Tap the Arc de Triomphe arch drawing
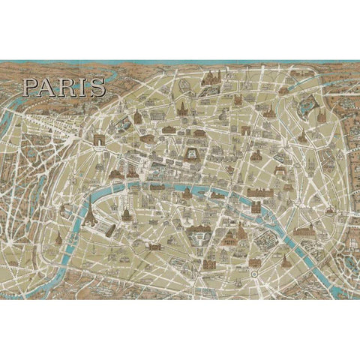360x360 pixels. coord(100,141)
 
